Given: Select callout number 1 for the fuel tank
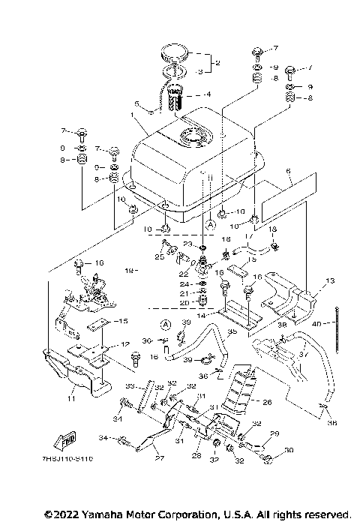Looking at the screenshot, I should pyautogui.click(x=133, y=117).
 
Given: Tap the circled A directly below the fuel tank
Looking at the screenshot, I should pyautogui.click(x=211, y=224).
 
